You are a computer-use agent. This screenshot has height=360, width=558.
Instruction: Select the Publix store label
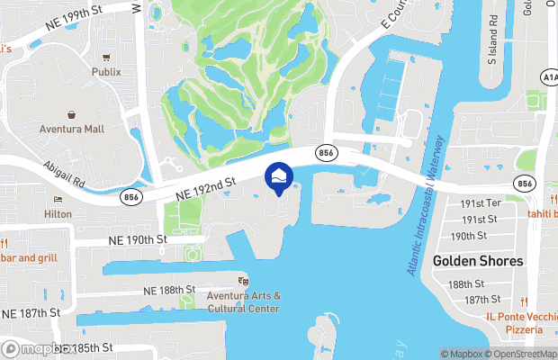[x=105, y=71]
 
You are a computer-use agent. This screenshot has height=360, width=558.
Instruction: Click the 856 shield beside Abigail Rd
[x=132, y=197]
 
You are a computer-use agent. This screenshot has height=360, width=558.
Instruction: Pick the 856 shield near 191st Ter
[x=524, y=183]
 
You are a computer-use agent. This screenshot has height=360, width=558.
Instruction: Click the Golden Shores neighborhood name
[x=478, y=261]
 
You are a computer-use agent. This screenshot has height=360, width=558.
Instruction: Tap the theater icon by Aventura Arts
[x=242, y=282]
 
